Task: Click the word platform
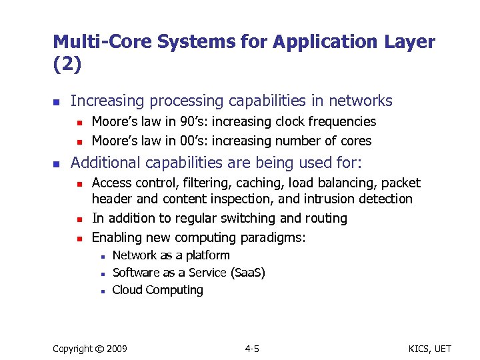tap(207, 255)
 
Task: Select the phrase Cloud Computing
tap(158, 290)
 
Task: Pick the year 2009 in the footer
tap(118, 349)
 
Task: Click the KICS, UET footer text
tap(429, 349)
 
